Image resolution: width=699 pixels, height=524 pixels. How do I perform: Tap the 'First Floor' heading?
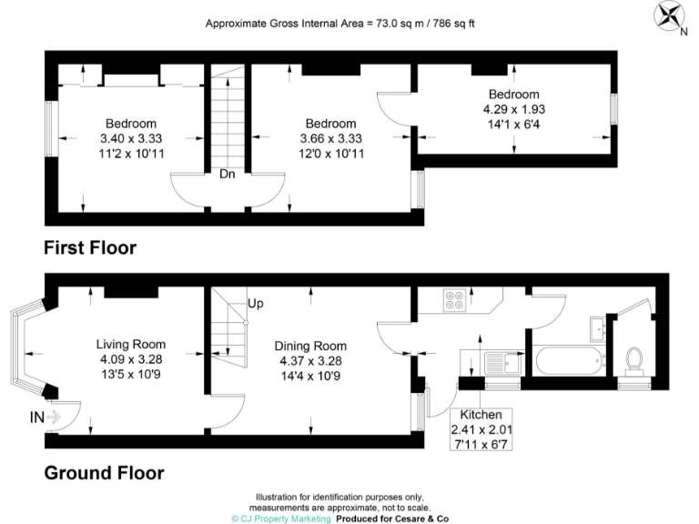tap(90, 247)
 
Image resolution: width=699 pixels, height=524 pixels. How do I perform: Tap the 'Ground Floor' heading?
tap(104, 472)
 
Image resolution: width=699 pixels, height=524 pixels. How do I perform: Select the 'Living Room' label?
tap(131, 344)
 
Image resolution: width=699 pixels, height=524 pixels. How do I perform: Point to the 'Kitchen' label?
tap(481, 414)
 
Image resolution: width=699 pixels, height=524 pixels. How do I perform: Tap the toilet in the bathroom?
tap(635, 359)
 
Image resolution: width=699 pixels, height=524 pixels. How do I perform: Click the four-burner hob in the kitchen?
tap(455, 299)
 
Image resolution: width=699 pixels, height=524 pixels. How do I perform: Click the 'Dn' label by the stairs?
tap(228, 176)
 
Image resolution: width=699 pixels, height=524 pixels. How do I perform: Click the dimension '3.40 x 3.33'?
tap(131, 139)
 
